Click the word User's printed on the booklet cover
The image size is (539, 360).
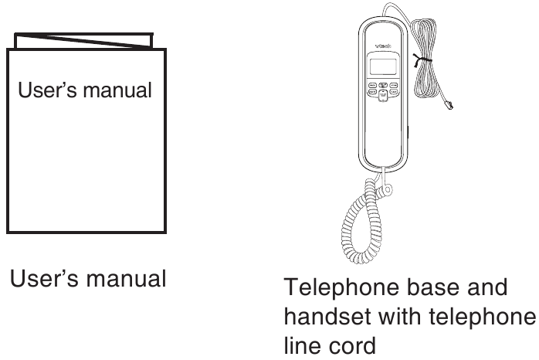(47, 90)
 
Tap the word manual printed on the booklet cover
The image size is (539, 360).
(117, 90)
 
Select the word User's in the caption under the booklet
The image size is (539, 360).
(44, 278)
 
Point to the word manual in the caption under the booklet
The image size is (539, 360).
(126, 279)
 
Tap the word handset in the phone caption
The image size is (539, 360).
(327, 316)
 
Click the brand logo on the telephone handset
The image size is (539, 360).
(383, 46)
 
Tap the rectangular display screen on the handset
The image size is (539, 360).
(383, 66)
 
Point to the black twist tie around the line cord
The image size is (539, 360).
(422, 60)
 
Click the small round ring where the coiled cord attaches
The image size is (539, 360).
(388, 189)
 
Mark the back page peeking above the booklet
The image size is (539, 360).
(83, 41)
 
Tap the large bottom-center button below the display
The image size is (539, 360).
(383, 96)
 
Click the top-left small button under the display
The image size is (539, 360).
(372, 85)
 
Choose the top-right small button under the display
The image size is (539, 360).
(394, 85)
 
